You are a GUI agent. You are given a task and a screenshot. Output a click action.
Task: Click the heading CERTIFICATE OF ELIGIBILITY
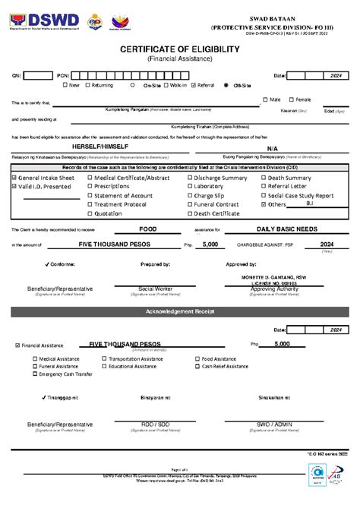click(180, 49)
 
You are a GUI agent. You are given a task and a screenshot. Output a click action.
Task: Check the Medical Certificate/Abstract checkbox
click(90, 178)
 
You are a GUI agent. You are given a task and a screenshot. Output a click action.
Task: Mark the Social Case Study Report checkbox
click(264, 195)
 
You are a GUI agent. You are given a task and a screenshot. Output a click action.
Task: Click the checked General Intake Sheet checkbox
click(14, 178)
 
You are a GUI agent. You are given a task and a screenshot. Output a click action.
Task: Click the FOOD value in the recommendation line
click(148, 229)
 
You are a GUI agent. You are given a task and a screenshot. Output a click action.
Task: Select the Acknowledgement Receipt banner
click(180, 311)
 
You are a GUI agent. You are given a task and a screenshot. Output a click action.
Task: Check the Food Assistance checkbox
click(197, 358)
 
